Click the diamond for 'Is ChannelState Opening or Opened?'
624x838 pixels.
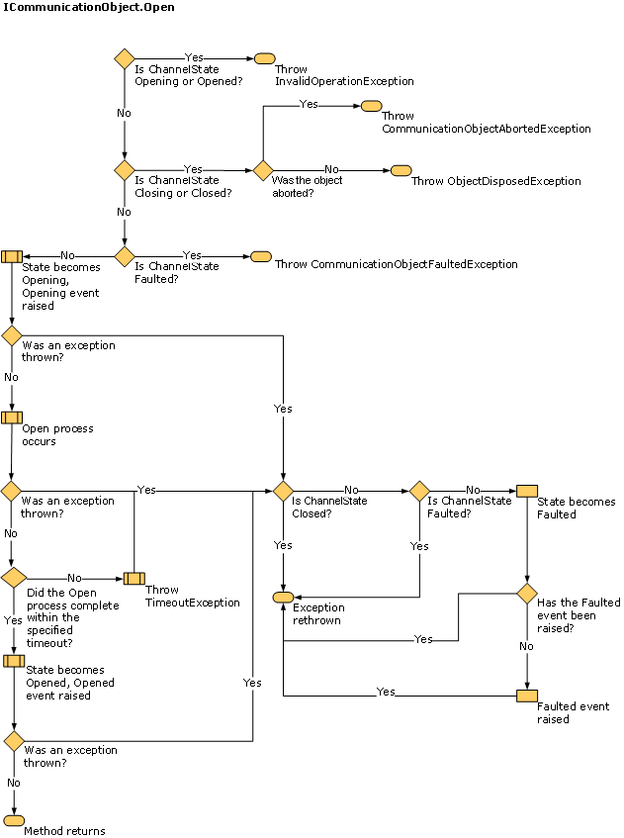coord(125,58)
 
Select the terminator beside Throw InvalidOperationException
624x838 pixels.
coord(264,58)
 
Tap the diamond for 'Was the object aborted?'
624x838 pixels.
coord(262,170)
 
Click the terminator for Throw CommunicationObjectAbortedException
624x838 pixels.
coord(371,105)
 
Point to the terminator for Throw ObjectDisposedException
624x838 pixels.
coord(401,170)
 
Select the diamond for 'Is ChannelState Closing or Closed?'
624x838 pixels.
coord(125,170)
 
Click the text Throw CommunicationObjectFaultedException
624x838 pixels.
coord(396,264)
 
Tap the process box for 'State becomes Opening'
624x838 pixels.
coord(12,256)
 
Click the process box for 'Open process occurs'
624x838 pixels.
coord(12,418)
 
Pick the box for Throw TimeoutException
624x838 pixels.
coord(134,578)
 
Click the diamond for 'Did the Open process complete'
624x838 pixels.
coord(13,578)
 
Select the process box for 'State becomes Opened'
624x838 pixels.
coord(13,661)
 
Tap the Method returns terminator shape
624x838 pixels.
coord(14,820)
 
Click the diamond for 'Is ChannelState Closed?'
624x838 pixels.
coord(284,490)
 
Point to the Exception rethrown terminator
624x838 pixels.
coord(284,597)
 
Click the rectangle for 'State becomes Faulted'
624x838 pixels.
coord(527,490)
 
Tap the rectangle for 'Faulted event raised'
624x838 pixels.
coord(527,696)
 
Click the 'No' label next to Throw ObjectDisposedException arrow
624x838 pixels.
coord(331,169)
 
